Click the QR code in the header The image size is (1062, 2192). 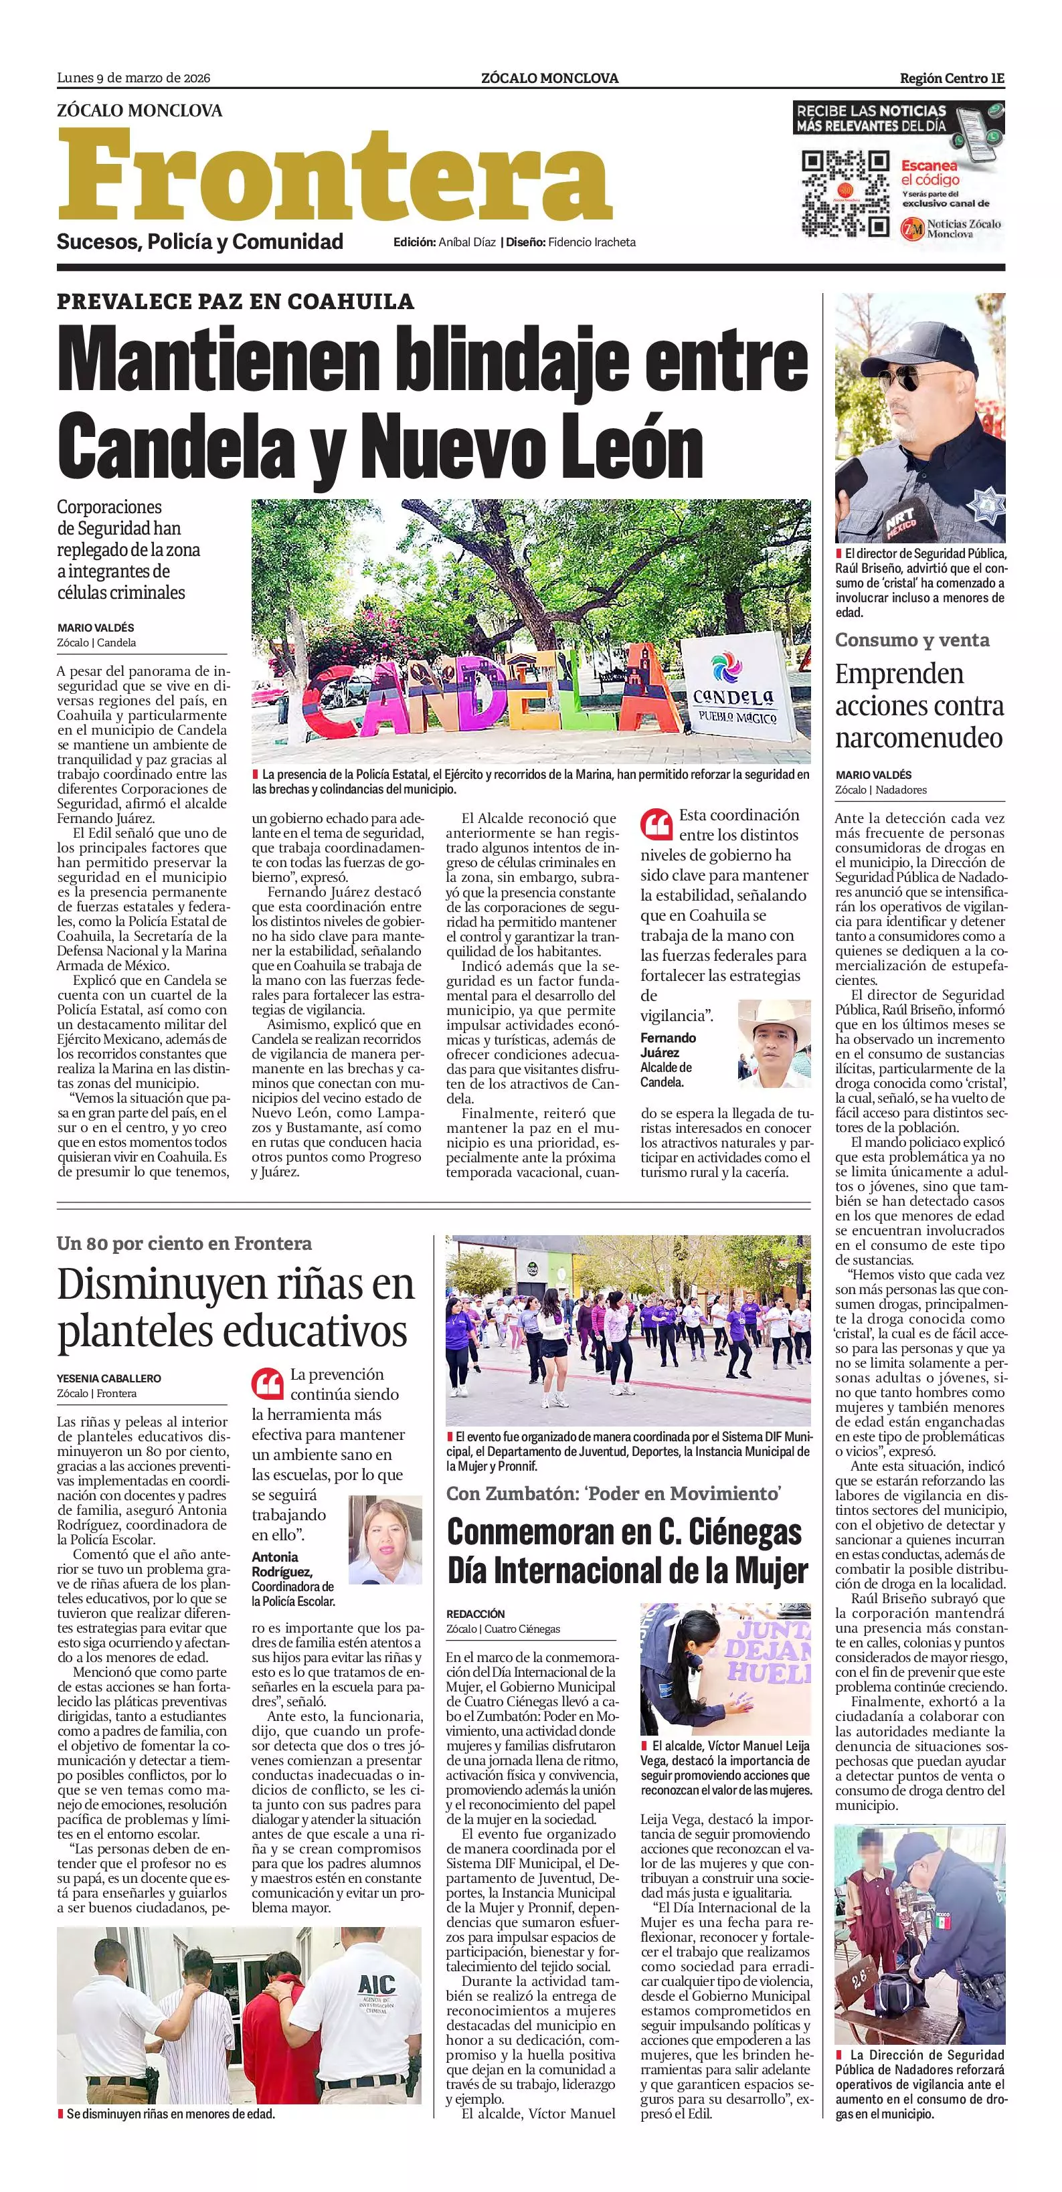click(x=846, y=193)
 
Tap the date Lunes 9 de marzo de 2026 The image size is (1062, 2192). click(x=134, y=78)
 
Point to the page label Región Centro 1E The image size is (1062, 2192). click(x=952, y=78)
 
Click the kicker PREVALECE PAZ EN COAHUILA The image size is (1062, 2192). click(x=236, y=301)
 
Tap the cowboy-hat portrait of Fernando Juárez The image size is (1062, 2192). click(x=774, y=1043)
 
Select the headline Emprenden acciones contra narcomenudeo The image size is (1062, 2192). click(x=919, y=705)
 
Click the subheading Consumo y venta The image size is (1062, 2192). click(x=911, y=640)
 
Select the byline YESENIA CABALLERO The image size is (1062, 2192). click(x=109, y=1378)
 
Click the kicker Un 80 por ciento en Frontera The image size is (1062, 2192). click(x=184, y=1243)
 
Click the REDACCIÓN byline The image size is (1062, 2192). click(x=476, y=1613)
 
